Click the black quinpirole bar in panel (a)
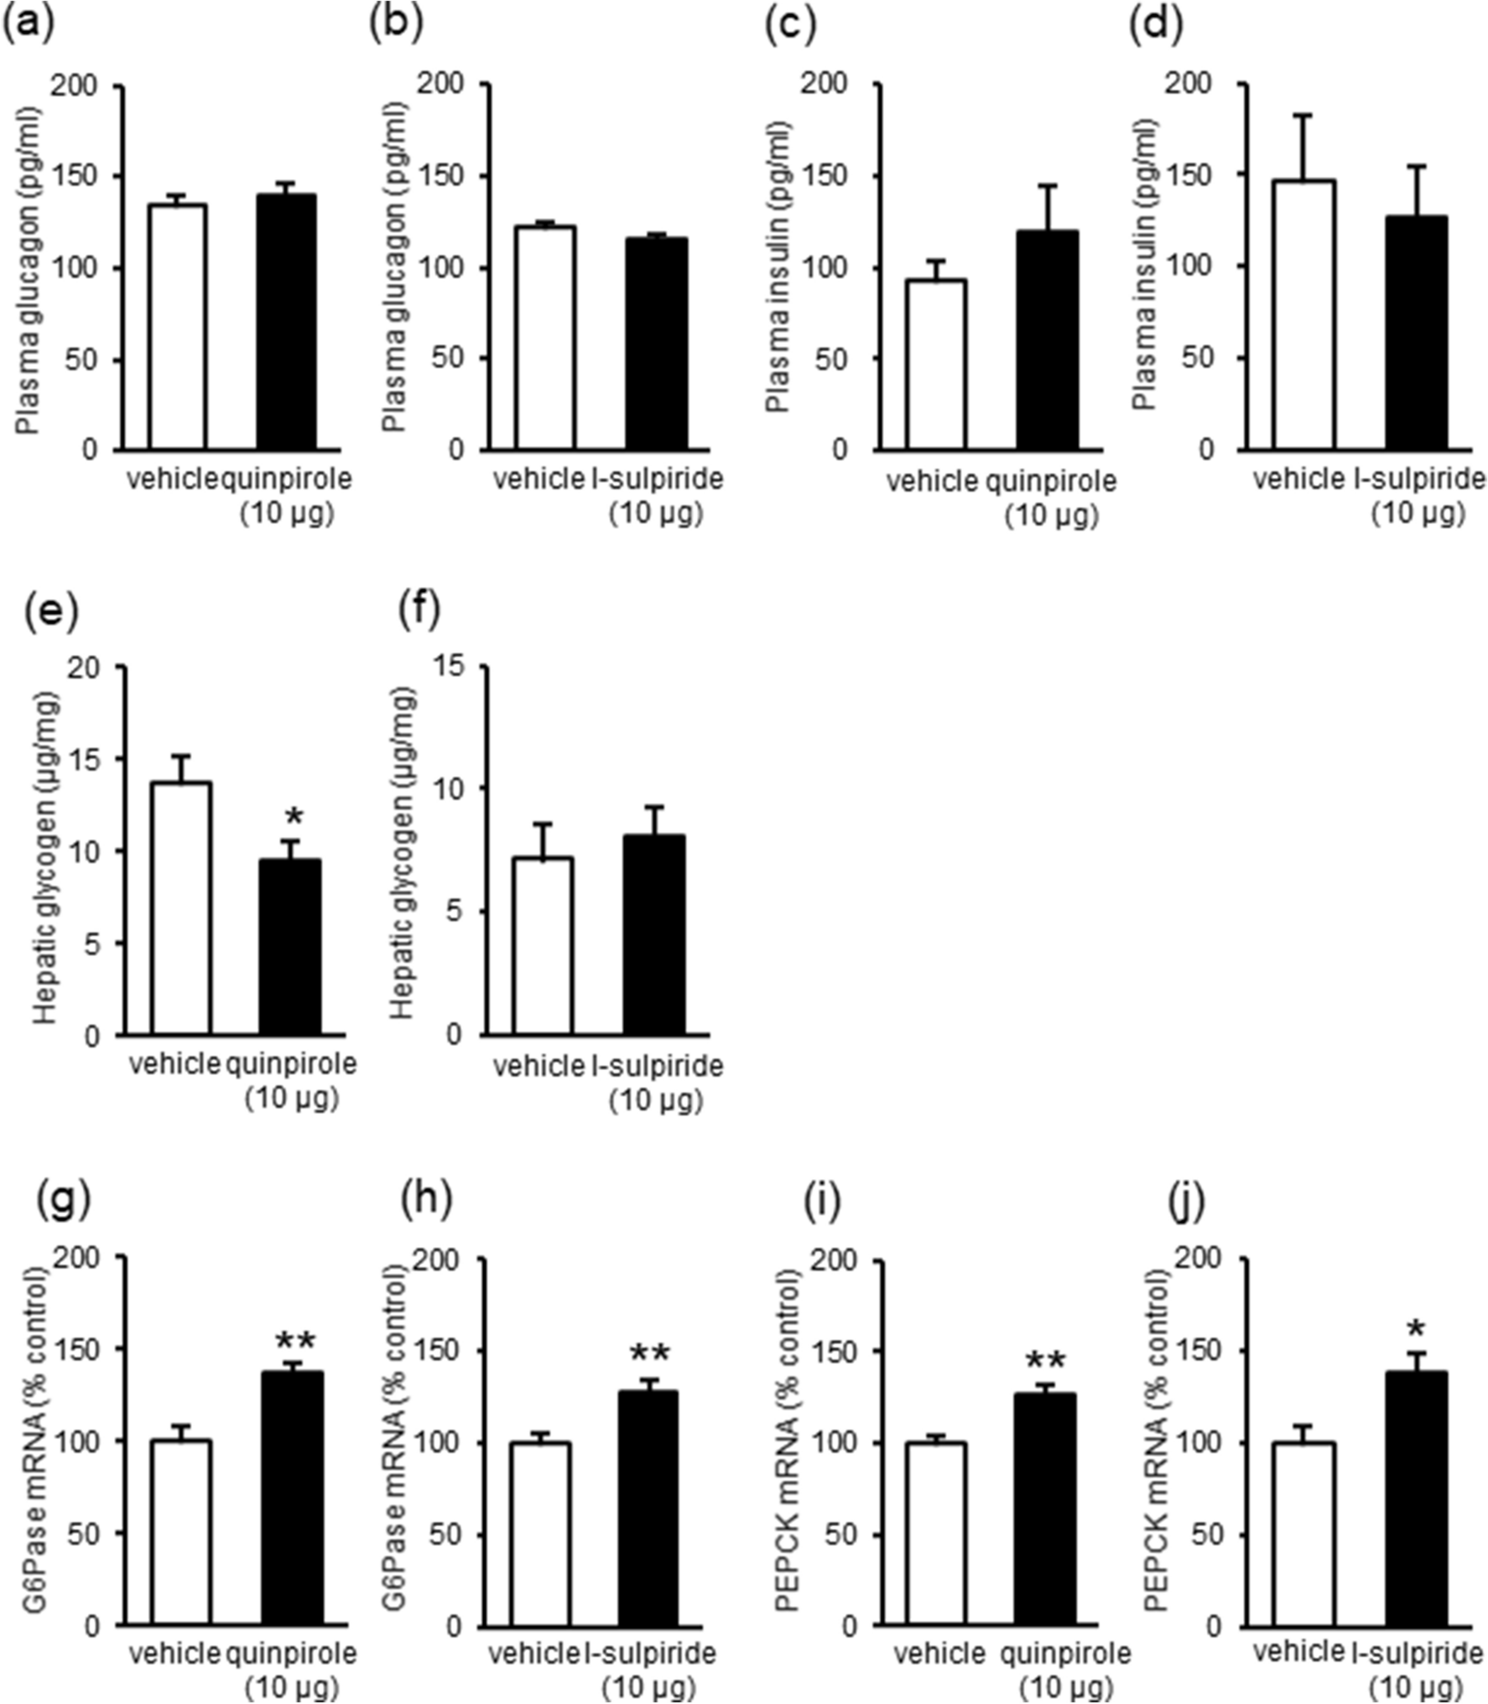[286, 323]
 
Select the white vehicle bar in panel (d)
[1303, 314]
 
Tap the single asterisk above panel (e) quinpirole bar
[294, 816]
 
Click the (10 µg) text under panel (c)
[1051, 514]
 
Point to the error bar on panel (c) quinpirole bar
[1048, 207]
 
